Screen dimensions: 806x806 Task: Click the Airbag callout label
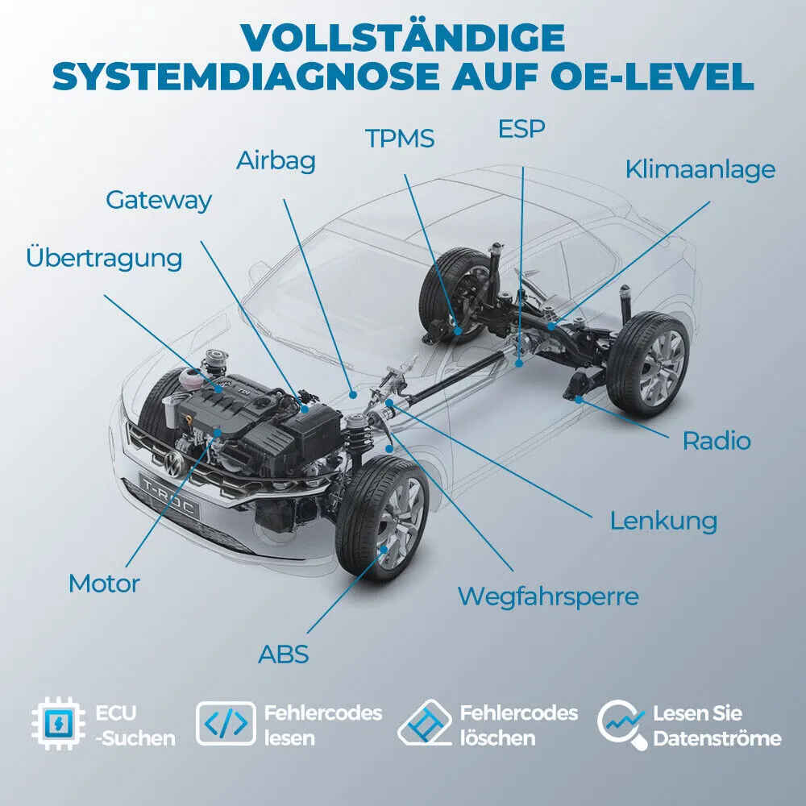pyautogui.click(x=276, y=160)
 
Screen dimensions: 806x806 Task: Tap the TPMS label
pyautogui.click(x=400, y=139)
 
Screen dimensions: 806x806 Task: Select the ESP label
pyautogui.click(x=521, y=128)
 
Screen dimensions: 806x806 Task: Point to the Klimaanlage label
pyautogui.click(x=700, y=169)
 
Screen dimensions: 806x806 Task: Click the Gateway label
pyautogui.click(x=158, y=200)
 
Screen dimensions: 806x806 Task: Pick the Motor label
pyautogui.click(x=104, y=583)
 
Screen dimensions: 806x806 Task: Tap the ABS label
pyautogui.click(x=283, y=654)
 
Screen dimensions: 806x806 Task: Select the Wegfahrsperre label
pyautogui.click(x=548, y=596)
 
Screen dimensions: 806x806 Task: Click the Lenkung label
pyautogui.click(x=663, y=520)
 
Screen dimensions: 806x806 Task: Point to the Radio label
pyautogui.click(x=716, y=441)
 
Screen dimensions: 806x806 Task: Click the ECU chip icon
pyautogui.click(x=58, y=725)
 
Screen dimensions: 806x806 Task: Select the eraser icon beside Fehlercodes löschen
pyautogui.click(x=425, y=725)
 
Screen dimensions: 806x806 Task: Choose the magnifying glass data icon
pyautogui.click(x=622, y=725)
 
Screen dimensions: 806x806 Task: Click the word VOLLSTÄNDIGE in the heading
pyautogui.click(x=403, y=38)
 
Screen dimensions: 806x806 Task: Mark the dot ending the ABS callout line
pyautogui.click(x=384, y=549)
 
